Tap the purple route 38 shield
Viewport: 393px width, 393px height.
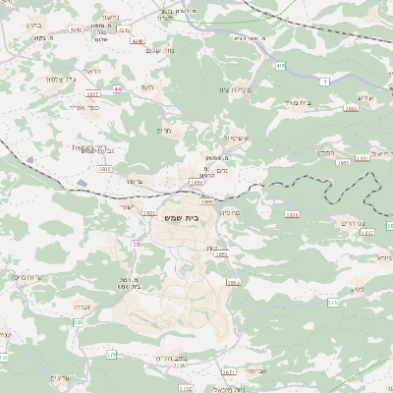[136, 243]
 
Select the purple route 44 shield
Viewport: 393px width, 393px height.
[118, 89]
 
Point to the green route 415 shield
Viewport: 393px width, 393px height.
[280, 66]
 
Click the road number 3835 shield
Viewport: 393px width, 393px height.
[106, 168]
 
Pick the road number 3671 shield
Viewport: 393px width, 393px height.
[228, 372]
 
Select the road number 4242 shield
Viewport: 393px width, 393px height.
[77, 29]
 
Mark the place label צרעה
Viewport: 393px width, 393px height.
[136, 181]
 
